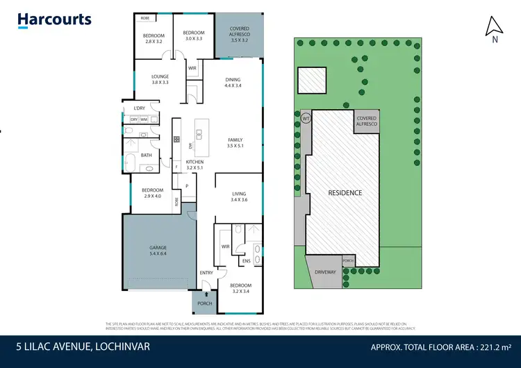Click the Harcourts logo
coord(54,19)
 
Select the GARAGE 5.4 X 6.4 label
coord(159,251)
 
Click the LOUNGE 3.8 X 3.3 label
coord(160,80)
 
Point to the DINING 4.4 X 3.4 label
coord(233,83)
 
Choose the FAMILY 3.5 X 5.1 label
coord(235,143)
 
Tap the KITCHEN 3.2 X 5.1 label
coord(194,165)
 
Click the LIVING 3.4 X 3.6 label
coord(239,196)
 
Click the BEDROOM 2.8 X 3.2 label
coord(154,38)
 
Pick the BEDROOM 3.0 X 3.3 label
coord(194,35)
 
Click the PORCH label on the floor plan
coord(205,303)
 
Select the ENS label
coord(246,261)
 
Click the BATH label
coord(147,155)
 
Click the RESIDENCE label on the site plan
coord(345,192)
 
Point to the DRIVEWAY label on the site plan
coord(325,271)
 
